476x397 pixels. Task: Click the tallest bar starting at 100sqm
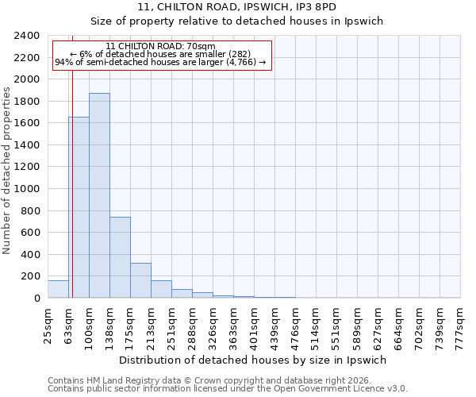(x=99, y=195)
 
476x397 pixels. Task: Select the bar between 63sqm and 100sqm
(x=79, y=207)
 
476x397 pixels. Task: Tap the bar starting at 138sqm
(x=120, y=257)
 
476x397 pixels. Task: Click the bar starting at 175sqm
(x=140, y=280)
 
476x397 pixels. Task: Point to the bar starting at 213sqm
(x=161, y=289)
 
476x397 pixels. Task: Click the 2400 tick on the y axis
(x=27, y=37)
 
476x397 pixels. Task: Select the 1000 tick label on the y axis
(x=27, y=189)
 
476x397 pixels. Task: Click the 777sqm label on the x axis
(x=460, y=325)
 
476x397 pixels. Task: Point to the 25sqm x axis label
(x=48, y=325)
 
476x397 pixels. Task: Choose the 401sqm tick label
(x=254, y=325)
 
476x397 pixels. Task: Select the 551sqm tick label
(x=336, y=325)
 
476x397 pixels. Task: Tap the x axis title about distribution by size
(x=253, y=360)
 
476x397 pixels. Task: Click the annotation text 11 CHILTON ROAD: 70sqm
(x=160, y=47)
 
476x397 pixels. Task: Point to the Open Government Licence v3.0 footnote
(x=227, y=388)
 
